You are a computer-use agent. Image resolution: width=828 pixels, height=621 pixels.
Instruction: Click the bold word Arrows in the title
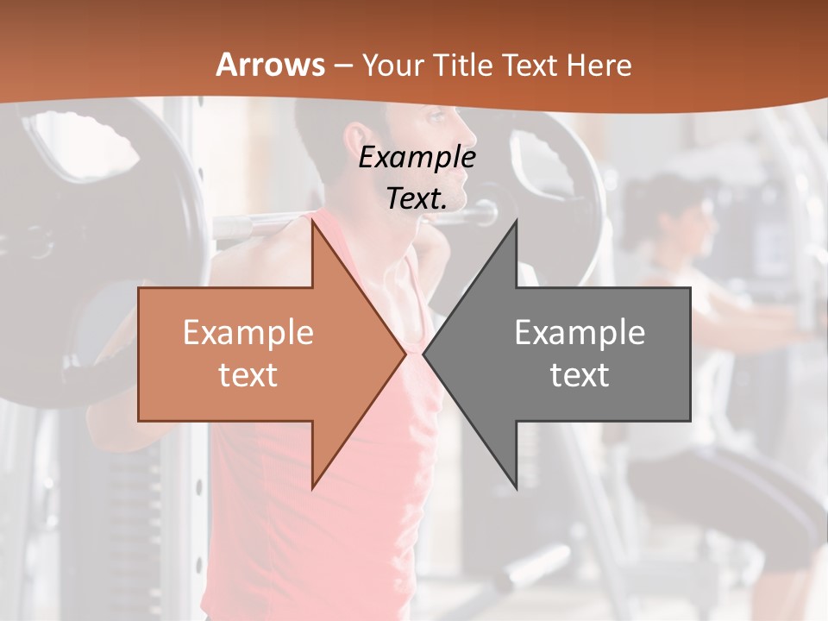pos(270,65)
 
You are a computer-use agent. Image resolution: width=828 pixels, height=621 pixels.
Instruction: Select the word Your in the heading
pos(391,65)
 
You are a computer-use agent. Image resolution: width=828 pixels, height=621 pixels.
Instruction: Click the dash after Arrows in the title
pos(342,66)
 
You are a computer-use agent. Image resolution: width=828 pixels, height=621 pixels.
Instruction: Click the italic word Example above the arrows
pos(417,158)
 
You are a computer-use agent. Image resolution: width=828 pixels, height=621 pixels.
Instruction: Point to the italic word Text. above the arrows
pos(417,198)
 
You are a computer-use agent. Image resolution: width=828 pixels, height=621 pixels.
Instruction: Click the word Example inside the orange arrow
pos(248,332)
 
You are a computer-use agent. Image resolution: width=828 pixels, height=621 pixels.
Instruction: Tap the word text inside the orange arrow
pos(248,374)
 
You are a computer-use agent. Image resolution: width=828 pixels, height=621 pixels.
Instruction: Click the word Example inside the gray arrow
pos(580,332)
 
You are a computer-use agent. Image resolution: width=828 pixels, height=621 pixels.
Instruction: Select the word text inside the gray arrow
pos(580,374)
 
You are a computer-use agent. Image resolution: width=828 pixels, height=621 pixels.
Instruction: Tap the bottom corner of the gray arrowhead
pos(516,487)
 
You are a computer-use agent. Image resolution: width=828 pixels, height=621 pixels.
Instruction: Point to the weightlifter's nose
pos(472,135)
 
